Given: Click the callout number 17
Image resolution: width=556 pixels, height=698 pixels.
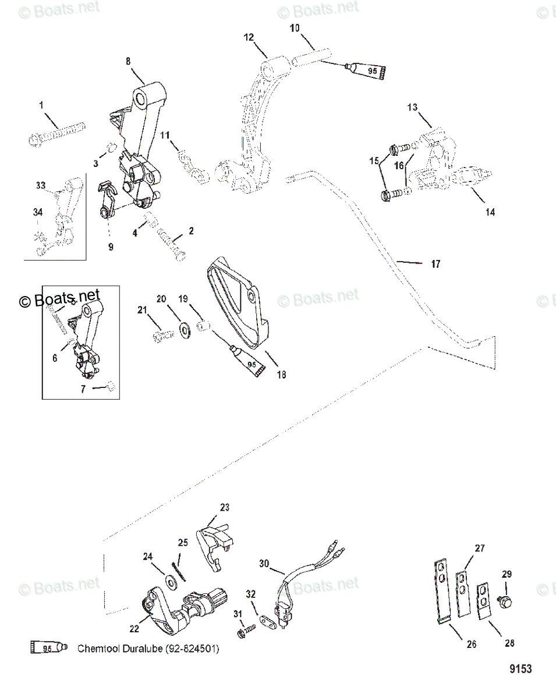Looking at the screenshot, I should pyautogui.click(x=435, y=264).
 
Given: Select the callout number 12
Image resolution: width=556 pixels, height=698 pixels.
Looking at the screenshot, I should pyautogui.click(x=249, y=37).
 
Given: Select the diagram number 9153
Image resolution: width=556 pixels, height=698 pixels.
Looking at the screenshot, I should pyautogui.click(x=520, y=669).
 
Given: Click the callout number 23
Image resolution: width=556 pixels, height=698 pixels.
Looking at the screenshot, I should pyautogui.click(x=224, y=507).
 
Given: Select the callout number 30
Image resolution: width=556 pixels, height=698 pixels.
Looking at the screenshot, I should pyautogui.click(x=264, y=563).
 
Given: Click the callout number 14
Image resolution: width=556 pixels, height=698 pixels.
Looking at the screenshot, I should pyautogui.click(x=490, y=212).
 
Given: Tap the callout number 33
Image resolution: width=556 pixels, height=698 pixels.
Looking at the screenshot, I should pyautogui.click(x=40, y=186).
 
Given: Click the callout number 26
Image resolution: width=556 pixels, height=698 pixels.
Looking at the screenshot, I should pyautogui.click(x=472, y=644).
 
